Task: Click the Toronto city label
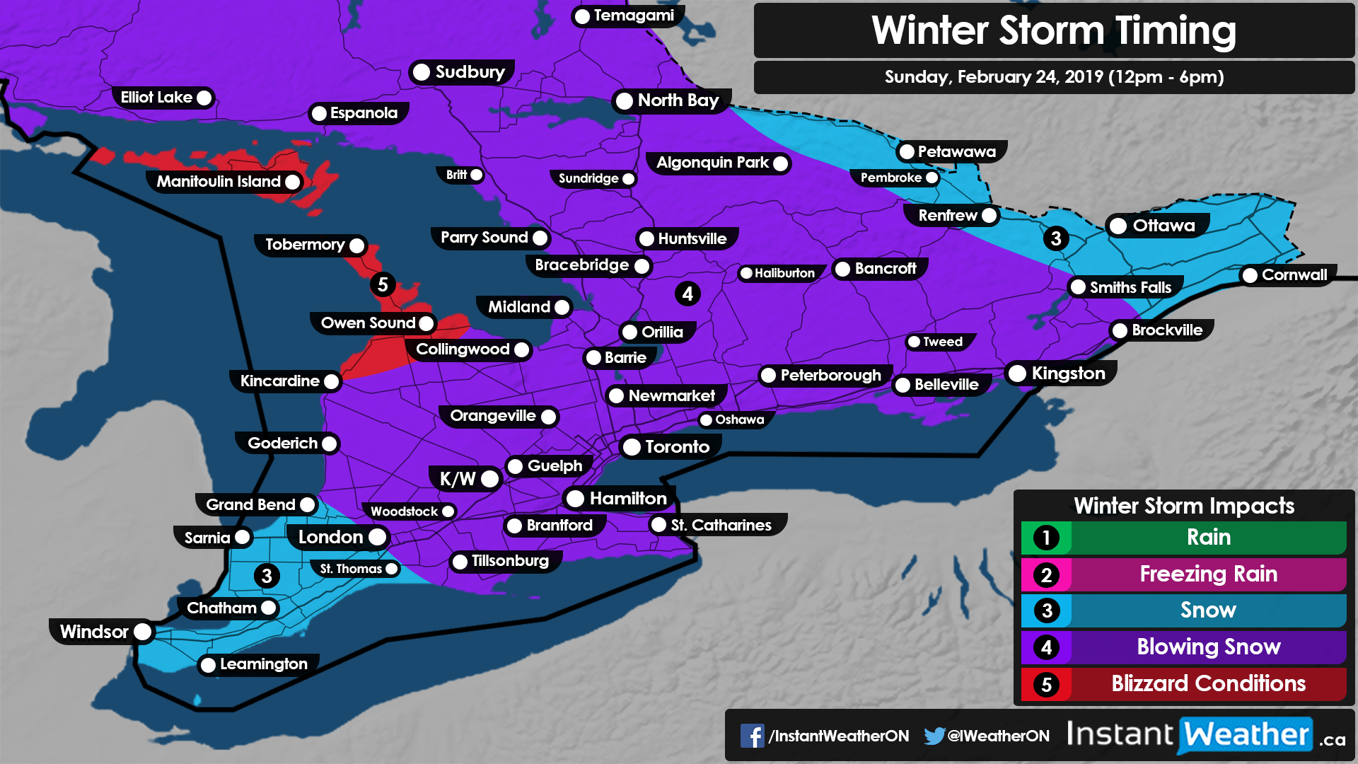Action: pos(676,447)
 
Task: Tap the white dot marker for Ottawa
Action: pos(1118,226)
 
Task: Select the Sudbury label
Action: pos(470,72)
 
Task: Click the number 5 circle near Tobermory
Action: pos(383,284)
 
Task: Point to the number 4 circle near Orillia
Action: pos(687,294)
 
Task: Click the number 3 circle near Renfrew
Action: pos(1056,238)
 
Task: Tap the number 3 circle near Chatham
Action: pos(267,576)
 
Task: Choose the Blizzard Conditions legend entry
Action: pos(1207,684)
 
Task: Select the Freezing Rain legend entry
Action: pos(1207,574)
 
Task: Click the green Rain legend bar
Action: pos(1207,537)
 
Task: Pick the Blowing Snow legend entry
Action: pos(1207,647)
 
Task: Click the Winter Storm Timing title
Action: pos(1053,31)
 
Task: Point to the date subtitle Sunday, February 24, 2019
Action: pos(1053,77)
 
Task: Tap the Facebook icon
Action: pos(752,736)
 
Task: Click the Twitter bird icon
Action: pos(934,736)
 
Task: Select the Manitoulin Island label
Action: pos(219,182)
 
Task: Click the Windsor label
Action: pos(94,632)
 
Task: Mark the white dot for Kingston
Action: pos(1017,374)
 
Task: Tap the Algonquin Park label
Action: pos(712,163)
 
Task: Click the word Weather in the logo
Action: pos(1246,735)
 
